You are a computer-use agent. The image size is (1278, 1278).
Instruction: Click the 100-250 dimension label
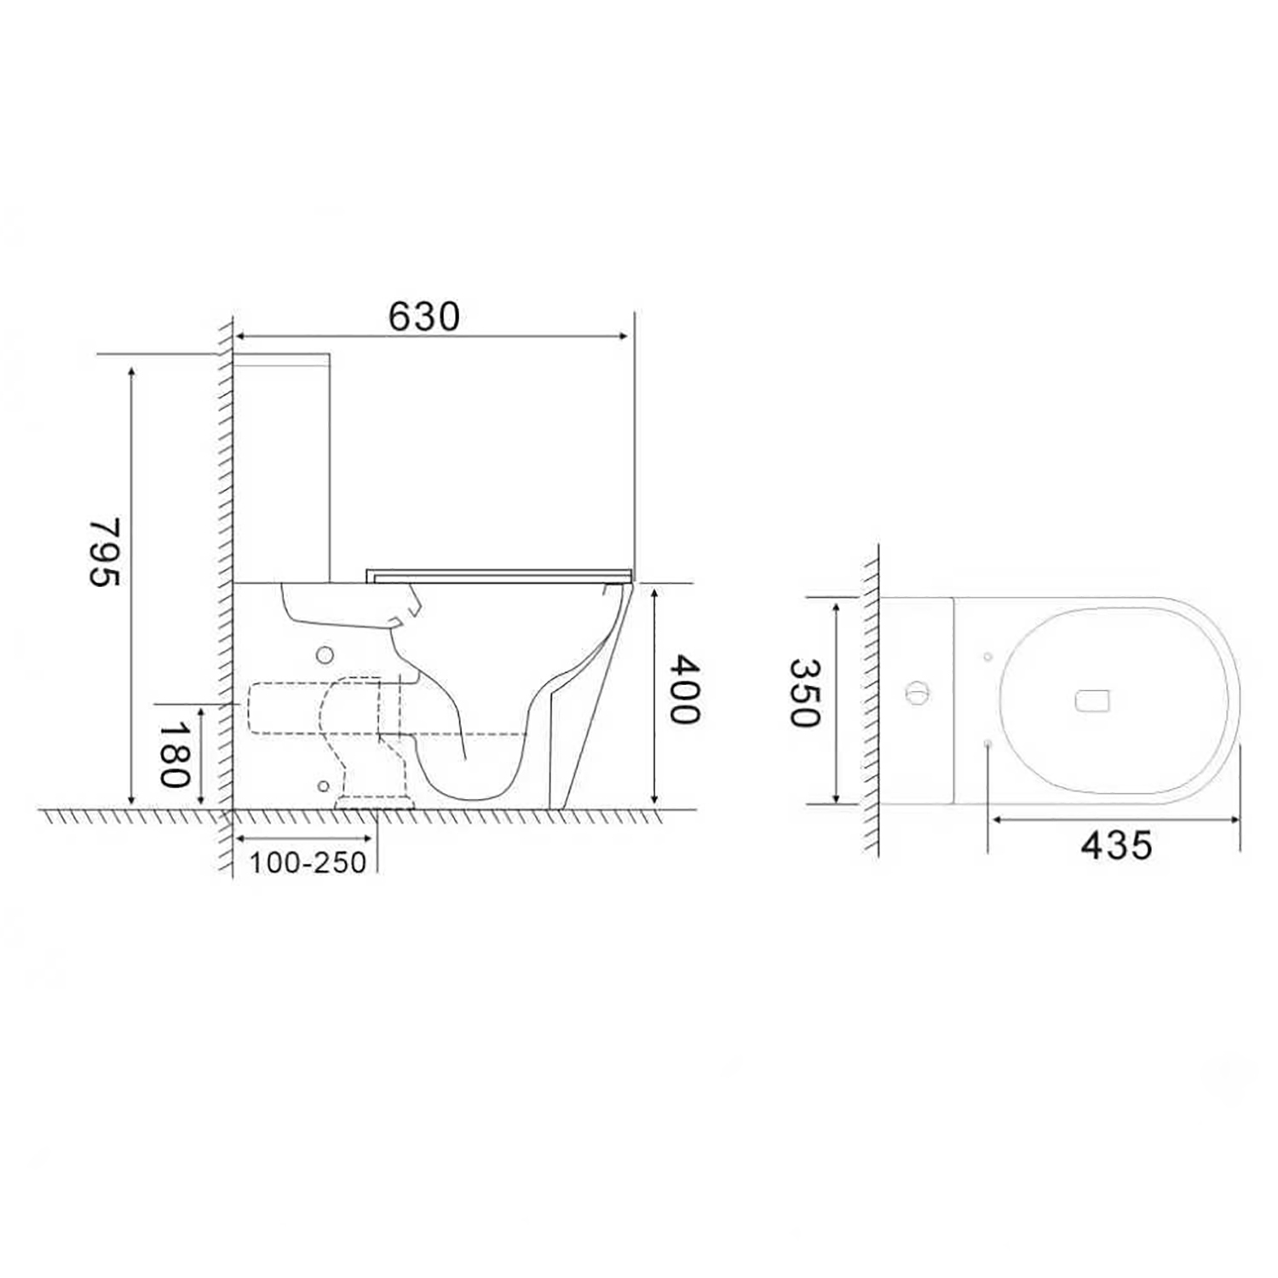pyautogui.click(x=308, y=862)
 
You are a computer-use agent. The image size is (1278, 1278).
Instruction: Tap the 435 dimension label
pyautogui.click(x=1116, y=845)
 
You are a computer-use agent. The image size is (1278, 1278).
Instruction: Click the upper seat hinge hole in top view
pyautogui.click(x=987, y=657)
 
